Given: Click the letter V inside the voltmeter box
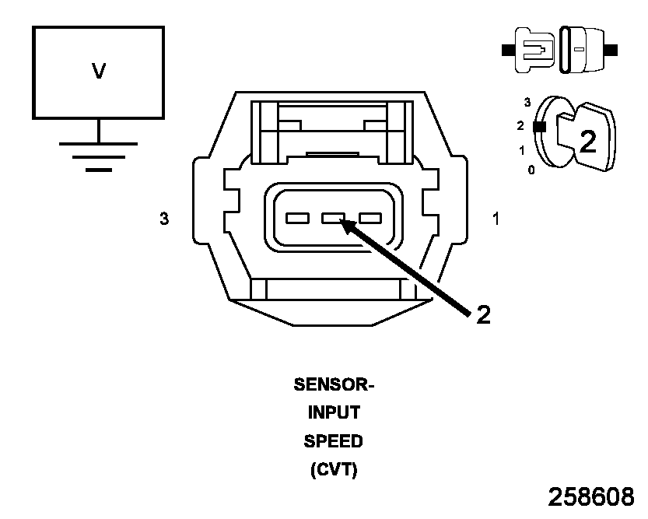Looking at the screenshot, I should [99, 72].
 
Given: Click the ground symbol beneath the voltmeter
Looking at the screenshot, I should [98, 155].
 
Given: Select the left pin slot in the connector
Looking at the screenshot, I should [297, 219].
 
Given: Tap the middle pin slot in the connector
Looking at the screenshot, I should [333, 219].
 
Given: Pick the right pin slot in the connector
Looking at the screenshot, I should [369, 219].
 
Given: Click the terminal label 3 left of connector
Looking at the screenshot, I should [163, 219].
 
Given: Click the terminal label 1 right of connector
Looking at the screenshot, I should [496, 219].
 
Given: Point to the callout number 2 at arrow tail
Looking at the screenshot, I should [483, 314].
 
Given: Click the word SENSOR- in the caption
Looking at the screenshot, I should [334, 384].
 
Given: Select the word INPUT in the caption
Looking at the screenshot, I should [334, 413].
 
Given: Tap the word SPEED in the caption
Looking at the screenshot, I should [334, 441].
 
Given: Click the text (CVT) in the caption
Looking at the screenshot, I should [334, 470].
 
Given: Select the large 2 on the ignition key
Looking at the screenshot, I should [588, 141].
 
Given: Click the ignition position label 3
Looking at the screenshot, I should [527, 102].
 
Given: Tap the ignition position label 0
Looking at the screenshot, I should [531, 170].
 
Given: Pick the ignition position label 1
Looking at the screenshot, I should [522, 149].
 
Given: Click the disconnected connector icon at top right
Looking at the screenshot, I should [560, 51].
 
